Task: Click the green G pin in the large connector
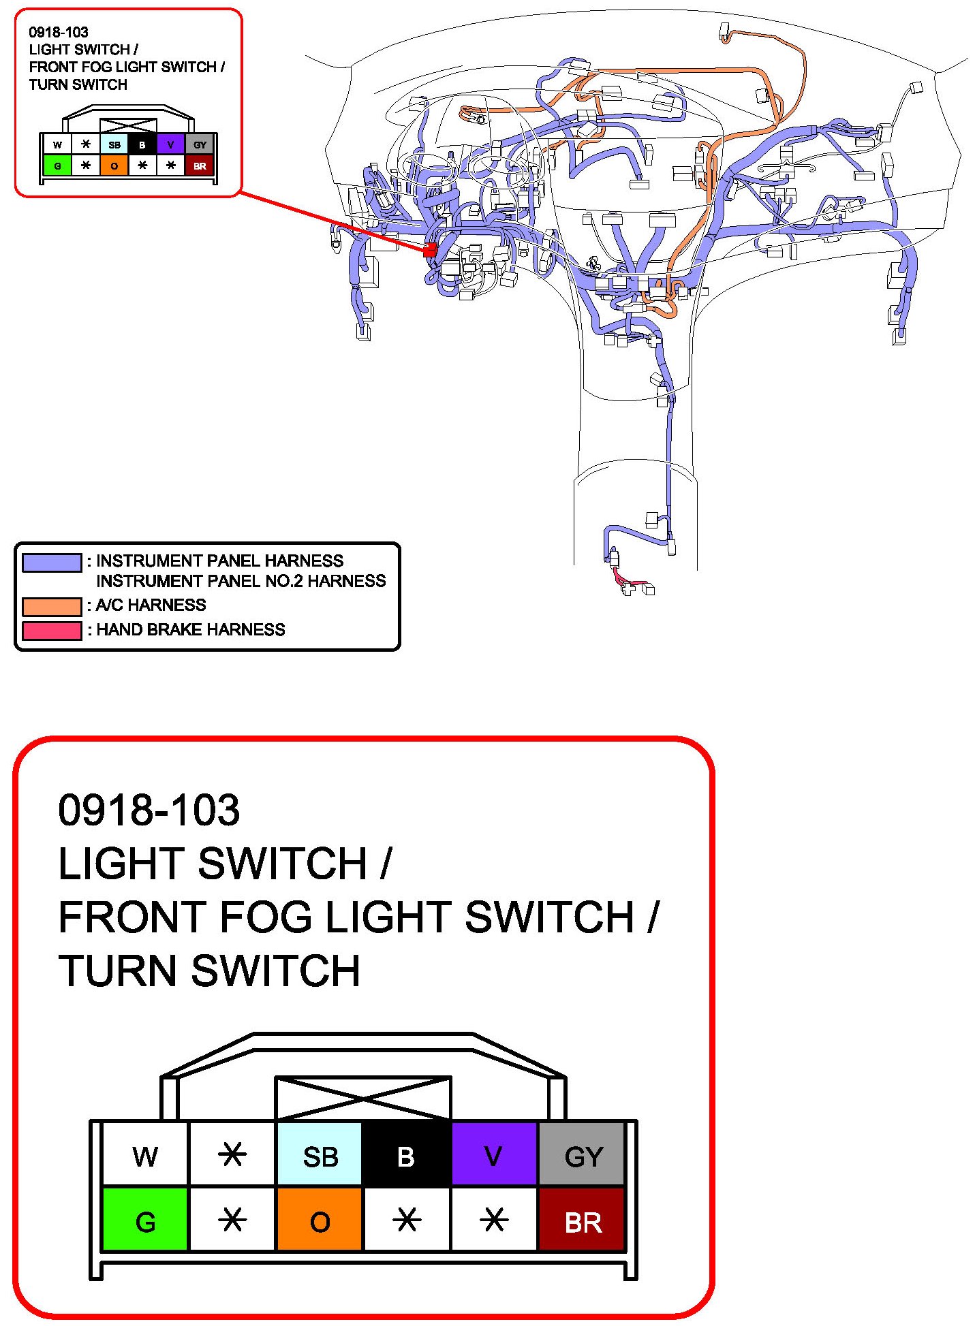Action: pyautogui.click(x=145, y=1221)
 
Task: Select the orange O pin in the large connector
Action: pyautogui.click(x=320, y=1221)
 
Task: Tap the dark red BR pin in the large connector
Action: pyautogui.click(x=583, y=1221)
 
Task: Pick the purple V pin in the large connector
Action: pyautogui.click(x=494, y=1156)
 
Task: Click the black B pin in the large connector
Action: pyautogui.click(x=407, y=1156)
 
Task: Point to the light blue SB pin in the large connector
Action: pyautogui.click(x=320, y=1156)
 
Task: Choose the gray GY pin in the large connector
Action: pyautogui.click(x=583, y=1156)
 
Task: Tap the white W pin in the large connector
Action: pyautogui.click(x=145, y=1156)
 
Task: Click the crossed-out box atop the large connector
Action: pyautogui.click(x=362, y=1098)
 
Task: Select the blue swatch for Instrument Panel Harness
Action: pyautogui.click(x=52, y=562)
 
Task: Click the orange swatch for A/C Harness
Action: pyautogui.click(x=52, y=605)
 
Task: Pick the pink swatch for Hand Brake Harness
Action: pyautogui.click(x=52, y=630)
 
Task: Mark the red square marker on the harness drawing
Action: pyautogui.click(x=430, y=250)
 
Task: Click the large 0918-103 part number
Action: pyautogui.click(x=149, y=810)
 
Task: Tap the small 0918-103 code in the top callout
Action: pyautogui.click(x=59, y=32)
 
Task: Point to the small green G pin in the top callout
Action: pyautogui.click(x=57, y=165)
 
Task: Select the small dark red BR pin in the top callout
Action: pyautogui.click(x=200, y=165)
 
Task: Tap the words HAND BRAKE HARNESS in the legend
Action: pyautogui.click(x=190, y=630)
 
